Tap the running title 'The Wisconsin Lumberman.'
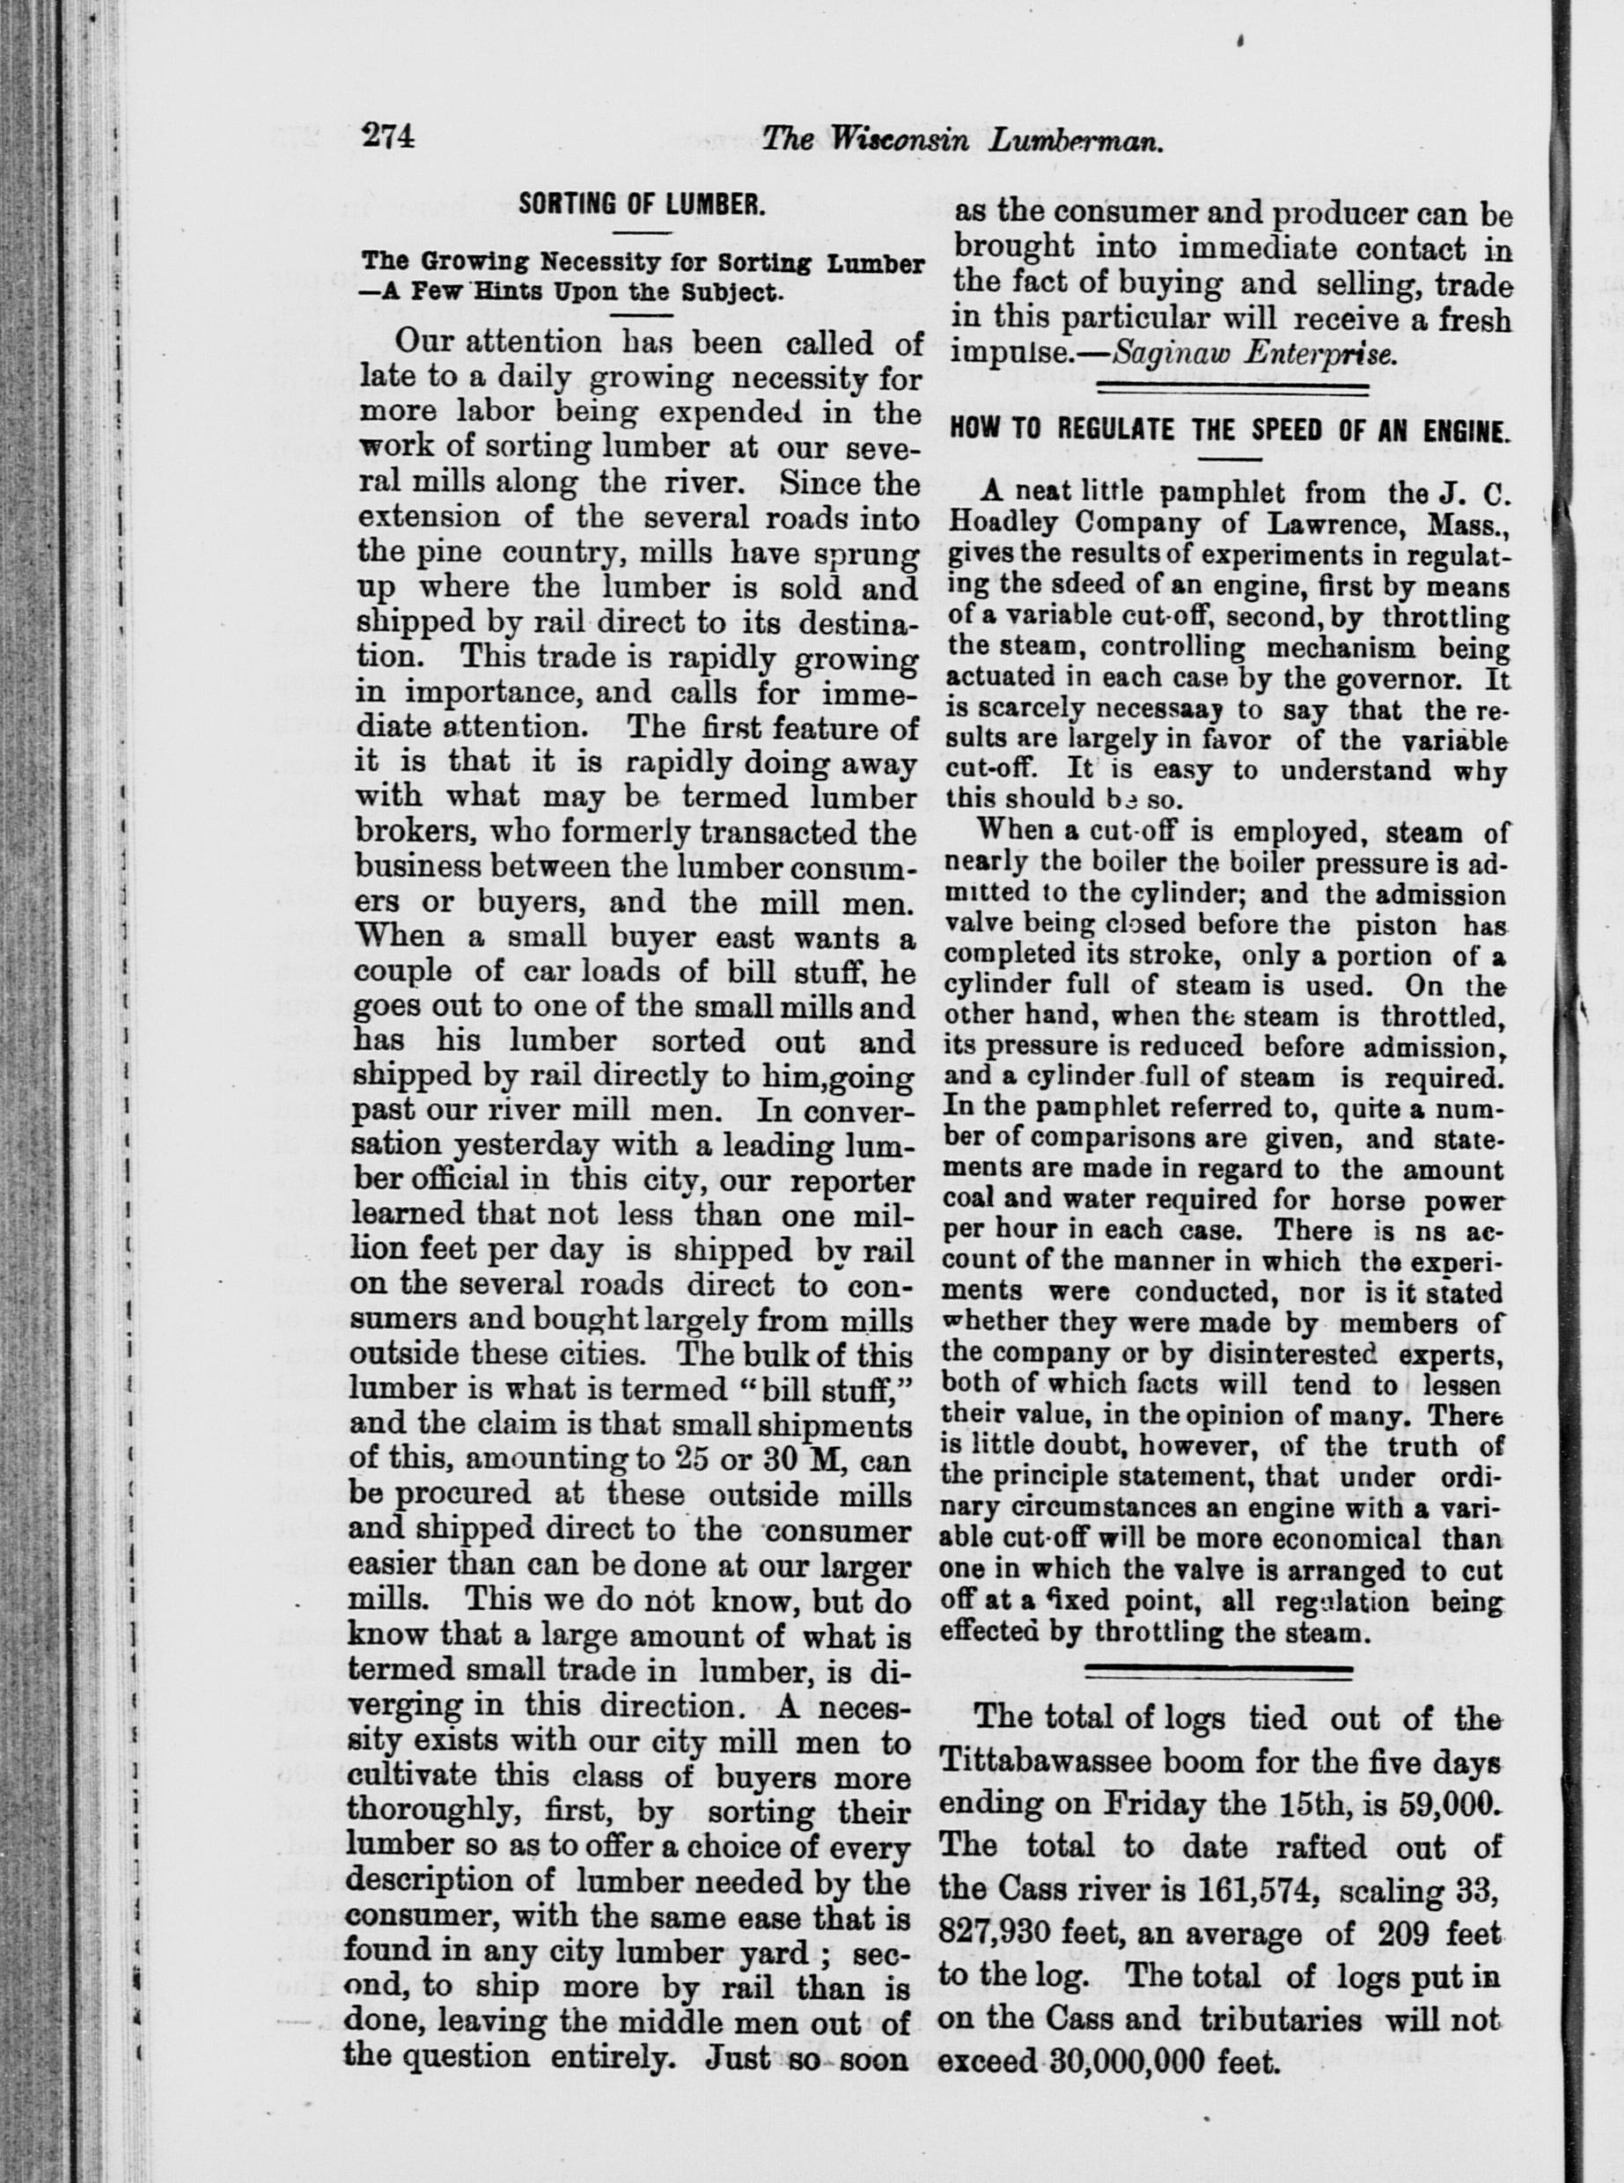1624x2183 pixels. (963, 140)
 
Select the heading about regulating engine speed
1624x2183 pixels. (1228, 432)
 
